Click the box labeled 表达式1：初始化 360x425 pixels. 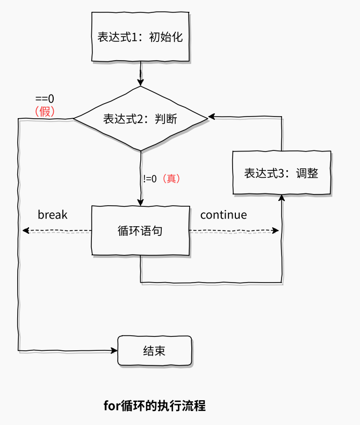(x=140, y=38)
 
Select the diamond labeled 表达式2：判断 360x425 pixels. (x=140, y=118)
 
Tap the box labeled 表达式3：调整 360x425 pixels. (x=281, y=173)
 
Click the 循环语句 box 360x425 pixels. (x=140, y=231)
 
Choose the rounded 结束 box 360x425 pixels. (x=154, y=351)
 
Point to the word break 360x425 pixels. (x=53, y=215)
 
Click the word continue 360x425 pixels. (x=224, y=215)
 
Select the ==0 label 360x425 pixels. (x=45, y=99)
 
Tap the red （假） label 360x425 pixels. (x=45, y=111)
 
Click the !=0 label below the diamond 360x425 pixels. (x=150, y=178)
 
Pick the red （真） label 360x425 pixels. (x=171, y=178)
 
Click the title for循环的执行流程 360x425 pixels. (x=155, y=406)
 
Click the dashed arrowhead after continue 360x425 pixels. (x=276, y=231)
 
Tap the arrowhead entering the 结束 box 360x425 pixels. (x=114, y=350)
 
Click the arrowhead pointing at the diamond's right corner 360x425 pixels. (x=212, y=116)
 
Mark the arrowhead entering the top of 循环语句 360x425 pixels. (x=140, y=202)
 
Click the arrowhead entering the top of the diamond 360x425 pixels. (x=140, y=82)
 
